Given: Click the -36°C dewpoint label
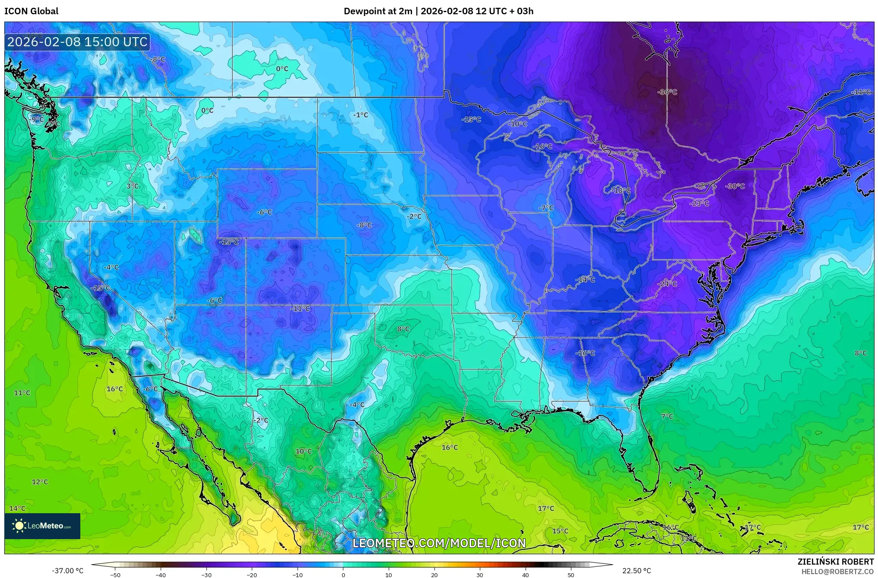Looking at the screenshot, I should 667,92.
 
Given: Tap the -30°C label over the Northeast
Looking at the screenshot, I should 735,186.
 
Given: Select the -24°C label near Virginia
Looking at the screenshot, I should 667,284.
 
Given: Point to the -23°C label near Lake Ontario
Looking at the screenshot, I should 699,203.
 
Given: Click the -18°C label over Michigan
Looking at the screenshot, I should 621,191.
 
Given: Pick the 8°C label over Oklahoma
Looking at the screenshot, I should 403,329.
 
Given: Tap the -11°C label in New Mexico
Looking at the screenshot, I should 300,308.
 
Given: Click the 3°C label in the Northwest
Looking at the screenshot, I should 133,186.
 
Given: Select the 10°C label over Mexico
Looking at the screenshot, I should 304,451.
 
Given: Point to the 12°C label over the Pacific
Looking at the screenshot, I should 40,482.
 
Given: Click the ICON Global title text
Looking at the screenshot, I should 31,11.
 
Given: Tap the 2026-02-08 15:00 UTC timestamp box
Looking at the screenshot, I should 77,42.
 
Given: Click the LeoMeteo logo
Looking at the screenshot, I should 42,526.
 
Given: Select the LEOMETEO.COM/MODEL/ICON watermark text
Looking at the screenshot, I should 439,543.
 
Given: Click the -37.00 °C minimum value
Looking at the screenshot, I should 67,571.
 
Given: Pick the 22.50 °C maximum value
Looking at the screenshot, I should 636,571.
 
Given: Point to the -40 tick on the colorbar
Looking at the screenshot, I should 161,575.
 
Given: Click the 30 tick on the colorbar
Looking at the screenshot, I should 480,575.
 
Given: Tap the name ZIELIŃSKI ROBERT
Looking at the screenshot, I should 835,562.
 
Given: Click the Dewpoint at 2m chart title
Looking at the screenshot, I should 438,11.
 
